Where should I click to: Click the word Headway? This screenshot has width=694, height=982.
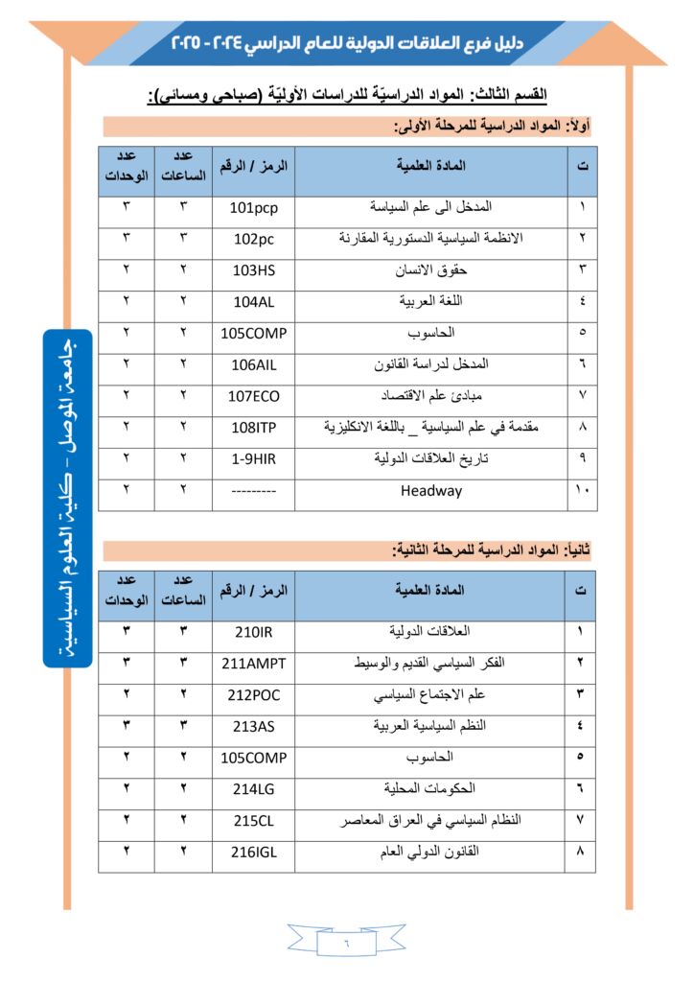coord(430,491)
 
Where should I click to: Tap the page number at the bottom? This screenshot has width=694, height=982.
coord(347,944)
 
